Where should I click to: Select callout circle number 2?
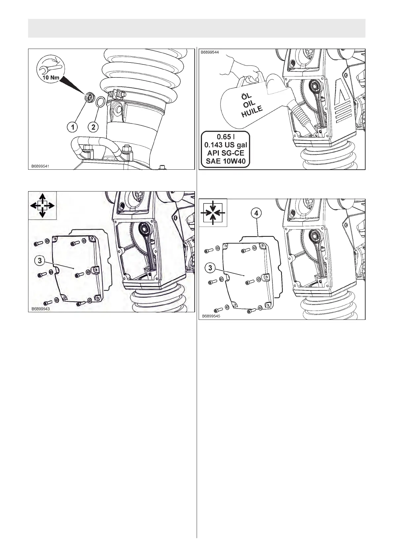pyautogui.click(x=94, y=126)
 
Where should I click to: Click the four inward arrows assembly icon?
pyautogui.click(x=213, y=213)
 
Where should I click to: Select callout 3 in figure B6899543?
pyautogui.click(x=39, y=261)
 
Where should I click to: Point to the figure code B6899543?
pyautogui.click(x=40, y=309)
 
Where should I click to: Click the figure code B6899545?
pyautogui.click(x=211, y=316)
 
